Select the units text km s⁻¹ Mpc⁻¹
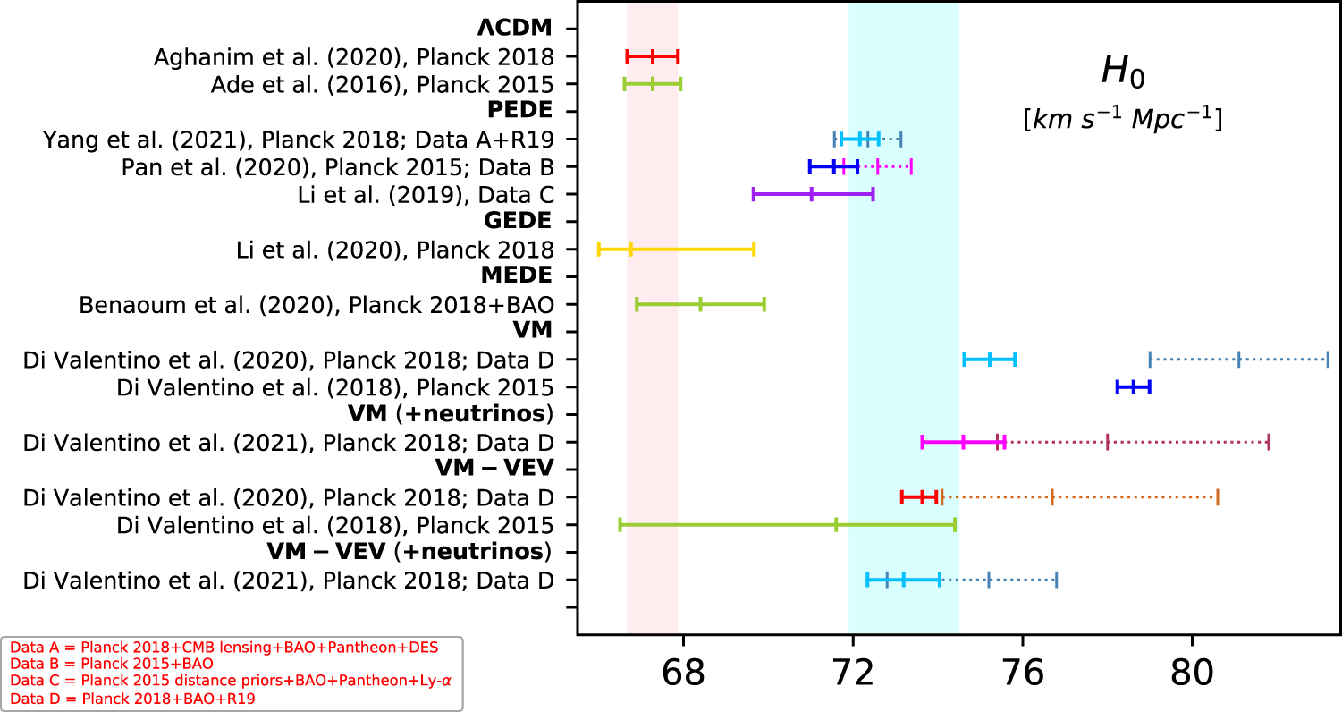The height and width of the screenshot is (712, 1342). click(1122, 120)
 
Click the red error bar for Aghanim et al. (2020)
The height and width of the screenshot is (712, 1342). click(653, 56)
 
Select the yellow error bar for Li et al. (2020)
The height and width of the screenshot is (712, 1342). click(676, 250)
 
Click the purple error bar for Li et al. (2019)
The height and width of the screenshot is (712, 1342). click(813, 194)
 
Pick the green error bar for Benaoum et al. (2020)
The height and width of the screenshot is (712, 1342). click(700, 305)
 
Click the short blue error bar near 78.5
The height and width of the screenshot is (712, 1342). click(1133, 387)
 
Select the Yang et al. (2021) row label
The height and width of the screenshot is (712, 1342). click(298, 139)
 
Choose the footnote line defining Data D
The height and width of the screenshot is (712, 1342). click(132, 699)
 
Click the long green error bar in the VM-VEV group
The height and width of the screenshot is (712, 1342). click(787, 525)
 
